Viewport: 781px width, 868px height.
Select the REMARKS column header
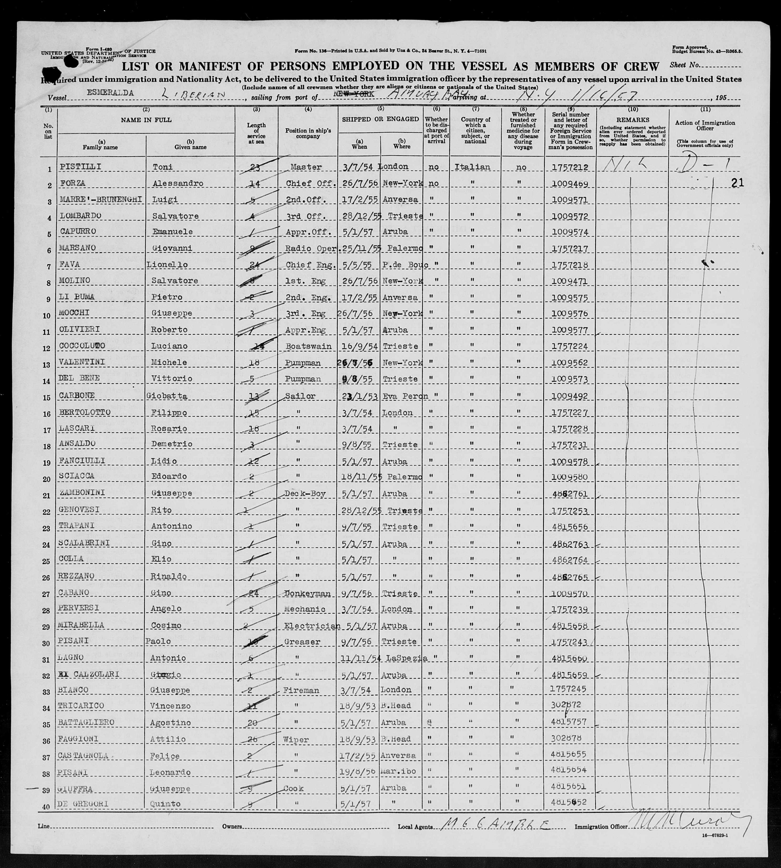tap(633, 120)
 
